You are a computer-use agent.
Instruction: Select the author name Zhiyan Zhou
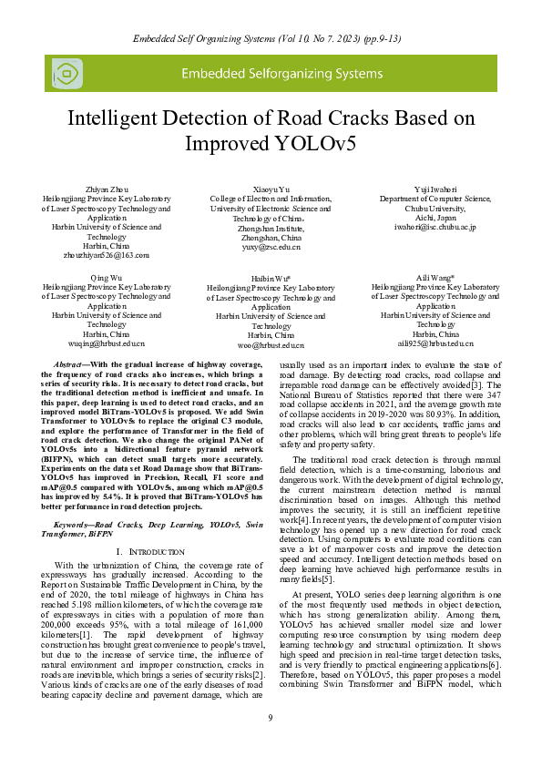[107, 188]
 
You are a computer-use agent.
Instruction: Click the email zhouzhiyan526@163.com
[107, 256]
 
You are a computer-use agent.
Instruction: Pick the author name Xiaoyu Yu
[271, 188]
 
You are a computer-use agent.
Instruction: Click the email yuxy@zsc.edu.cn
[271, 247]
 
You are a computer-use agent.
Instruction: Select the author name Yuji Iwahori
[435, 189]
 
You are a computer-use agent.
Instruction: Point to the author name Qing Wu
[107, 276]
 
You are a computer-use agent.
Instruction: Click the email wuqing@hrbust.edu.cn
[107, 344]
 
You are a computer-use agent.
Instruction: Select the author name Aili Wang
[435, 276]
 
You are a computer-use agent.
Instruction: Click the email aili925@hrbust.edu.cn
[435, 344]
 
